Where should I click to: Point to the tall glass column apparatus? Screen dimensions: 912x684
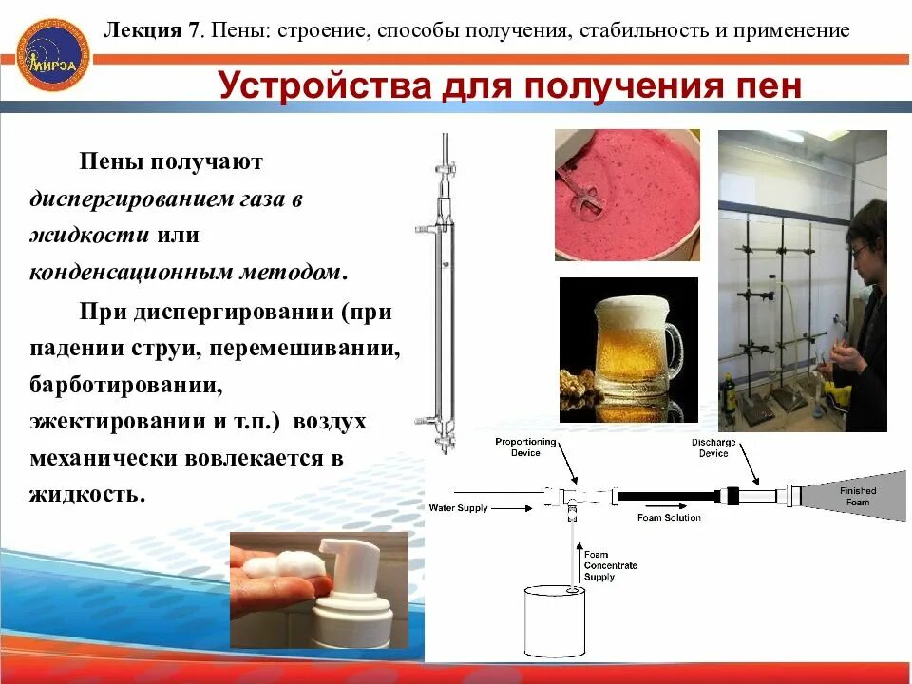click(441, 294)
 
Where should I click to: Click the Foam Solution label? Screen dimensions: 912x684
click(668, 518)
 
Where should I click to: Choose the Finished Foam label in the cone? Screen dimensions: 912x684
click(857, 496)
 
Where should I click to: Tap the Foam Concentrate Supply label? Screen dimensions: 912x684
click(610, 565)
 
